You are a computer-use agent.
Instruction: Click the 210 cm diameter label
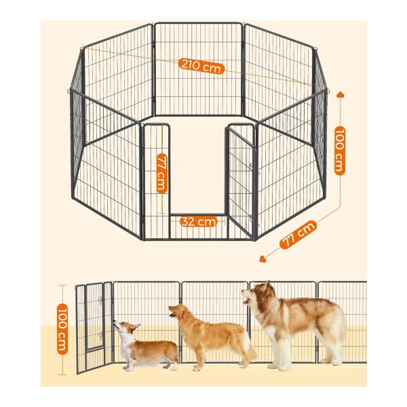[201, 66]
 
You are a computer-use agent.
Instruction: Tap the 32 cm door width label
[199, 221]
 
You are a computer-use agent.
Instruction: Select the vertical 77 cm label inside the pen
[162, 174]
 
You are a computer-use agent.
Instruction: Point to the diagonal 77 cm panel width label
[298, 235]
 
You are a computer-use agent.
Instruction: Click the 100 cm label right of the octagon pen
[340, 151]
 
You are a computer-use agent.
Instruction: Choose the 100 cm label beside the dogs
[62, 329]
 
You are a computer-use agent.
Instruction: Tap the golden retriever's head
[179, 312]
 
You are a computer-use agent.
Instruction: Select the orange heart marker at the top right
[341, 94]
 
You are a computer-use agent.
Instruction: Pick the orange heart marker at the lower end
[263, 259]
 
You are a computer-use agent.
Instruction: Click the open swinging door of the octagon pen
[241, 182]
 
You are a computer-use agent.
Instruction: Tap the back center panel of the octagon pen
[199, 69]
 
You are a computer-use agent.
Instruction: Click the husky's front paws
[279, 367]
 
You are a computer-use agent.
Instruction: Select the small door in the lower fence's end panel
[95, 317]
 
